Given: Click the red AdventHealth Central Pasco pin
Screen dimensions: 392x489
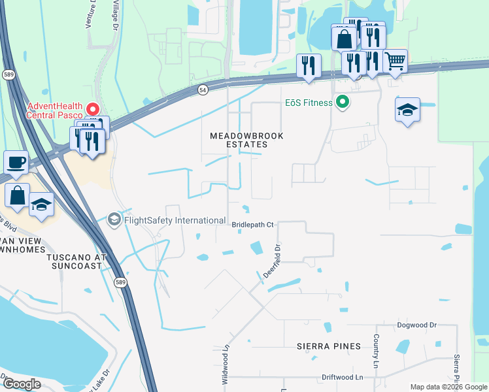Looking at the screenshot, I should (x=92, y=109).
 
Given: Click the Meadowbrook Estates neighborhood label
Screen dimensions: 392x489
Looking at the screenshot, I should (x=238, y=140).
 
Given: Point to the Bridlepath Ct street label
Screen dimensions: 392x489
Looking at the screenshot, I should (x=252, y=225).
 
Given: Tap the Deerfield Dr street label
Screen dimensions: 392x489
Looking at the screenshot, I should (x=271, y=261).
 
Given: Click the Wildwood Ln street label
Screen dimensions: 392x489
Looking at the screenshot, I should (x=226, y=364).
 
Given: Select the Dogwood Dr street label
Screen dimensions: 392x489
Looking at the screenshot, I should (x=416, y=325).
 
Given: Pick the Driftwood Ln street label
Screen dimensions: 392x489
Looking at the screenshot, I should (x=342, y=378).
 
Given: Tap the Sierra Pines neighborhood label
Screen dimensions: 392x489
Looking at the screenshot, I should (x=328, y=346).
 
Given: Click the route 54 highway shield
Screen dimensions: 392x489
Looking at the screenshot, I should (x=203, y=90).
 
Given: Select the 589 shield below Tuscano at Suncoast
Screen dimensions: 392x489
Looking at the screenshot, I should (x=120, y=282).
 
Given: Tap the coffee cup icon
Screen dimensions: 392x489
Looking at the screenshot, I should (x=16, y=161).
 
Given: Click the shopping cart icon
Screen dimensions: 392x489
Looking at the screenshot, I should (x=395, y=61).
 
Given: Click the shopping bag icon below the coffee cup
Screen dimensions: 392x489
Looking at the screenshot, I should (x=18, y=194).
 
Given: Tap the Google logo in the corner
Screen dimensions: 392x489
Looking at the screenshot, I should (x=21, y=384).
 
